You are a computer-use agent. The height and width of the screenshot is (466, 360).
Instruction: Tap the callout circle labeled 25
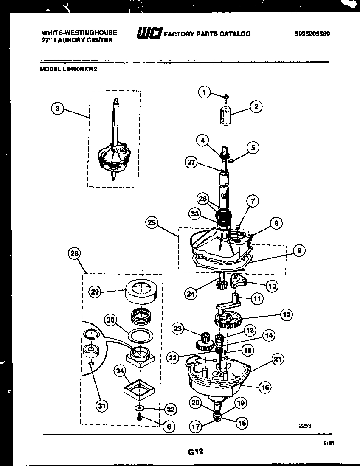point(152,222)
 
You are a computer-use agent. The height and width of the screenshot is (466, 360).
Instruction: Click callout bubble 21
point(278,360)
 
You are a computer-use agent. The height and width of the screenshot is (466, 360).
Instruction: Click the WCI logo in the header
point(149,34)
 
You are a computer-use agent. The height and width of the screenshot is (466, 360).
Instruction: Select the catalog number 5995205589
point(312,34)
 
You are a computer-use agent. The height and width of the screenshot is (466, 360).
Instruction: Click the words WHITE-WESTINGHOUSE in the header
point(79,32)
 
